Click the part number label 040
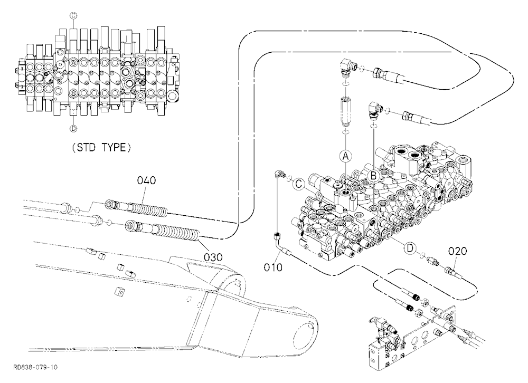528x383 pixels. (x=146, y=181)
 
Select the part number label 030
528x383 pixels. (x=213, y=257)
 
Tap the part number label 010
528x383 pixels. (x=273, y=267)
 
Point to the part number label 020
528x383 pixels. (x=458, y=251)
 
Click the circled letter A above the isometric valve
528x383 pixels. (x=345, y=156)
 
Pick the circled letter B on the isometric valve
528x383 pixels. (x=373, y=176)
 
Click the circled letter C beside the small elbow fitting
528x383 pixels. (x=298, y=184)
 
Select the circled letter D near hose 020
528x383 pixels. (x=410, y=248)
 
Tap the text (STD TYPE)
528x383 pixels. (x=101, y=148)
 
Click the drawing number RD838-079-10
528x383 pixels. (x=35, y=367)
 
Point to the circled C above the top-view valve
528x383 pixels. (x=73, y=15)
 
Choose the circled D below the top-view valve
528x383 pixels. (x=73, y=128)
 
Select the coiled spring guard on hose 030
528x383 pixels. (x=179, y=233)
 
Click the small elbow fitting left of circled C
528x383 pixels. (x=278, y=174)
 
